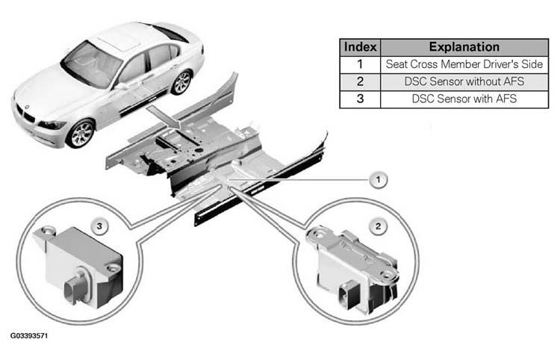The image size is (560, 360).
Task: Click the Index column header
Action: [x=360, y=47]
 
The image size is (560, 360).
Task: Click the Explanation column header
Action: [x=464, y=47]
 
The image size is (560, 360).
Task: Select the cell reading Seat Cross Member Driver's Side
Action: [x=464, y=64]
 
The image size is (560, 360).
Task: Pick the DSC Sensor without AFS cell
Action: [x=464, y=82]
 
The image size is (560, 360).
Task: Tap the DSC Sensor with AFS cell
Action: [x=464, y=99]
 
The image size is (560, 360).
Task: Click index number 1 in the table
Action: [x=360, y=64]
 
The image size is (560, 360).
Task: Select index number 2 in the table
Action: [x=360, y=82]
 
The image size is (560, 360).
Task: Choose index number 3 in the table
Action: [x=360, y=99]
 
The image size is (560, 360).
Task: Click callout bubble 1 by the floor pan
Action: [x=379, y=179]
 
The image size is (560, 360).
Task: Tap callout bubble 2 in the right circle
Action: [x=379, y=226]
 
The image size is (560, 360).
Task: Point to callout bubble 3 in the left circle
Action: [x=99, y=226]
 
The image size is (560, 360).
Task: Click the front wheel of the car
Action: [x=81, y=134]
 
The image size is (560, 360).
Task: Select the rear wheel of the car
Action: [x=181, y=82]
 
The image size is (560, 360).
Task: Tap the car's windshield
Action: [x=93, y=64]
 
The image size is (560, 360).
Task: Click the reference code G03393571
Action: [x=29, y=335]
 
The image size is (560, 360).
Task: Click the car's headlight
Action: [x=52, y=125]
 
